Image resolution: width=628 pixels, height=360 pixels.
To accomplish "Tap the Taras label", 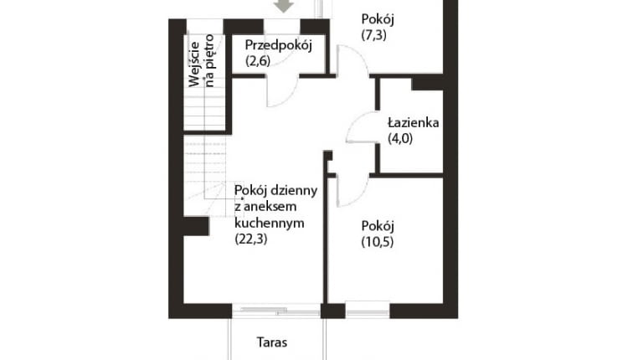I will pyautogui.click(x=272, y=342).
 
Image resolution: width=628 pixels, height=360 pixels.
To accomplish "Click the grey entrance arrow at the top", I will pyautogui.click(x=285, y=7).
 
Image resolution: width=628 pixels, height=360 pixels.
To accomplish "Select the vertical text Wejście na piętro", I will pyautogui.click(x=203, y=60).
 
